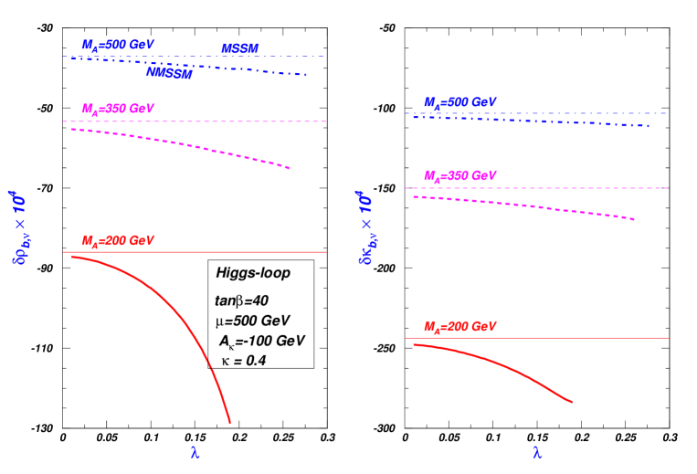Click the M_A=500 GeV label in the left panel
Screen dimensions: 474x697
(118, 45)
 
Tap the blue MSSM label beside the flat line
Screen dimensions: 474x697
(240, 48)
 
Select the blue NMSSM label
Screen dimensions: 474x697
(169, 73)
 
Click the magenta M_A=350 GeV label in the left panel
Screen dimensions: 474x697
(118, 109)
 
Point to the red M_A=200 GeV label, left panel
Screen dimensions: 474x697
(118, 241)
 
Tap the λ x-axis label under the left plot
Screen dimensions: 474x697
(195, 452)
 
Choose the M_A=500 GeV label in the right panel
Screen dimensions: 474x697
(459, 102)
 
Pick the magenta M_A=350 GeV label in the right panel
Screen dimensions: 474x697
(459, 175)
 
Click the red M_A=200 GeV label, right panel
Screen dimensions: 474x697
(459, 326)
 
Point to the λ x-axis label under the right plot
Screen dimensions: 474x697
(537, 452)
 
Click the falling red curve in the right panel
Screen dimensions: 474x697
(512, 367)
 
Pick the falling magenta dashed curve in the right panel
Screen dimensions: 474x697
(548, 207)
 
